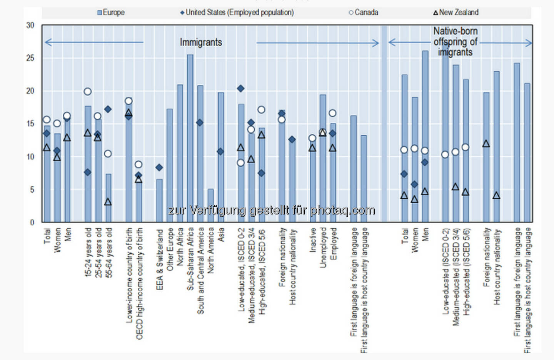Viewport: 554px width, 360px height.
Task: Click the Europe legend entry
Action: tap(111, 13)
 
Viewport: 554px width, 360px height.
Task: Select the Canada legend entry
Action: tap(364, 13)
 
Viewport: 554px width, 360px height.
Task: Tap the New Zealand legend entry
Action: tap(456, 13)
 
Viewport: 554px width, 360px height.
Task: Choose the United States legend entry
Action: tap(237, 13)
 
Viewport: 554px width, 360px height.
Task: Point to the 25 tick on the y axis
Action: tap(30, 58)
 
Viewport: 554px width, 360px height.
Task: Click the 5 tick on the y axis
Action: tap(32, 190)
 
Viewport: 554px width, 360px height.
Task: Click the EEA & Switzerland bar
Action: tap(159, 200)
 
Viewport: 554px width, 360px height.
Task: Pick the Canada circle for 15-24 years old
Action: tap(88, 91)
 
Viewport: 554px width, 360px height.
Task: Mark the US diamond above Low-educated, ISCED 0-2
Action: tap(241, 89)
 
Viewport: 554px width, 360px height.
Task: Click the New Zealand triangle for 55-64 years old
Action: tap(108, 202)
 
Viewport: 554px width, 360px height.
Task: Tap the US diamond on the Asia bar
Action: tap(220, 152)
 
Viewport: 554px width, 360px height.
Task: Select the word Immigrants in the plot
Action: tap(201, 42)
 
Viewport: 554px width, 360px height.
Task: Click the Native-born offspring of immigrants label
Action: tap(455, 42)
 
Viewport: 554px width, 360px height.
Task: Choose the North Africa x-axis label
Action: tap(180, 247)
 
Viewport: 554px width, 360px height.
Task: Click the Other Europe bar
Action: tap(170, 165)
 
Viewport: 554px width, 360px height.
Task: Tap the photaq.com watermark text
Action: tap(271, 210)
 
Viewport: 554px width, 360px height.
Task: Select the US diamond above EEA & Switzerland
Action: tap(159, 167)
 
